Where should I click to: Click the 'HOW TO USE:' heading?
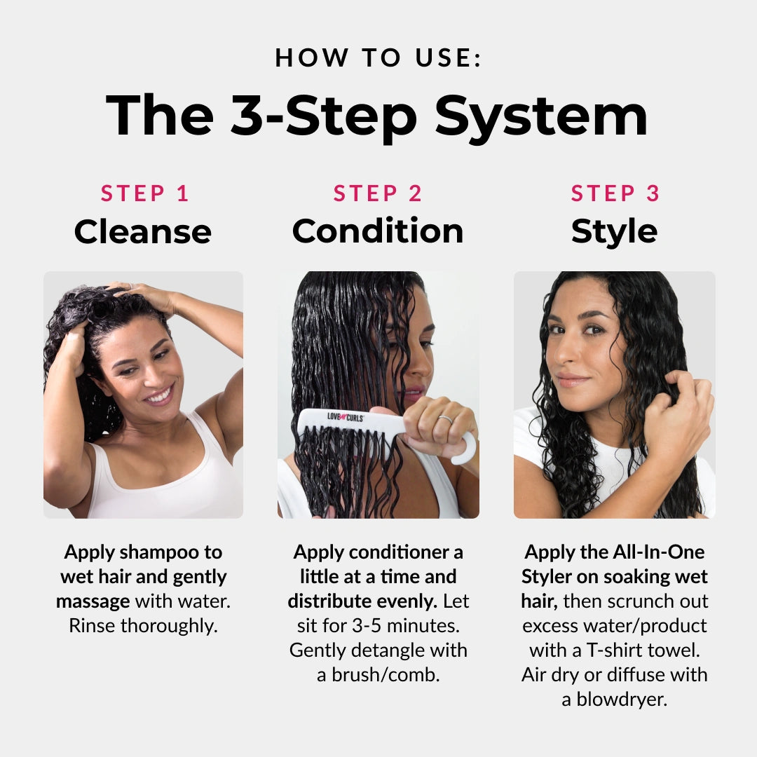click(378, 57)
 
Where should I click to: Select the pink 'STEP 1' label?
click(145, 193)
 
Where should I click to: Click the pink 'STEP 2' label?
click(378, 193)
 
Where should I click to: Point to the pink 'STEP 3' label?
click(615, 193)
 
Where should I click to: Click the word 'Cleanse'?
click(143, 231)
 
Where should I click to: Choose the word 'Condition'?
click(378, 231)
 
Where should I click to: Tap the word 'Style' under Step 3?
click(614, 231)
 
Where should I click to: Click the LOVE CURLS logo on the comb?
click(345, 416)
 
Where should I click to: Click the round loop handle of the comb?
click(465, 449)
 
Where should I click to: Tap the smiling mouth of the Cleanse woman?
click(160, 395)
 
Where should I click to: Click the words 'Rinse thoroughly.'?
click(143, 626)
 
